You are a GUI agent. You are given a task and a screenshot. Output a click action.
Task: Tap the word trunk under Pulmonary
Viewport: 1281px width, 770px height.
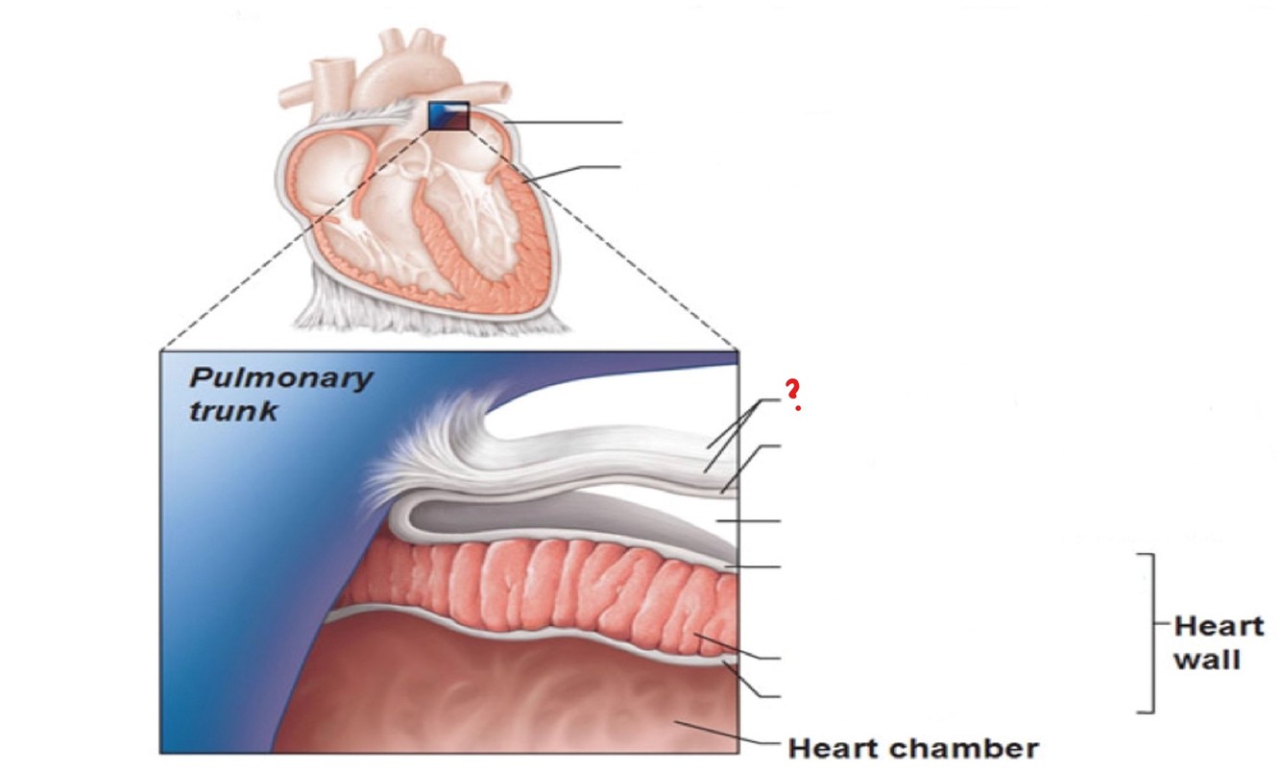pos(233,412)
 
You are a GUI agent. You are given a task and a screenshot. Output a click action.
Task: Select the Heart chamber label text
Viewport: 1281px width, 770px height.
pos(912,747)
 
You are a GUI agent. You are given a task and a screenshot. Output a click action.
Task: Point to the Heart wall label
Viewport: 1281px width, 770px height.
pos(1219,643)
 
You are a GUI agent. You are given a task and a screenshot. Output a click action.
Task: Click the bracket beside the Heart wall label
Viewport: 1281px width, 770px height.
pos(1149,634)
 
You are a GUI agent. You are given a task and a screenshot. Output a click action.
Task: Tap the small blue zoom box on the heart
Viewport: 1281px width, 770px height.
pos(448,115)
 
